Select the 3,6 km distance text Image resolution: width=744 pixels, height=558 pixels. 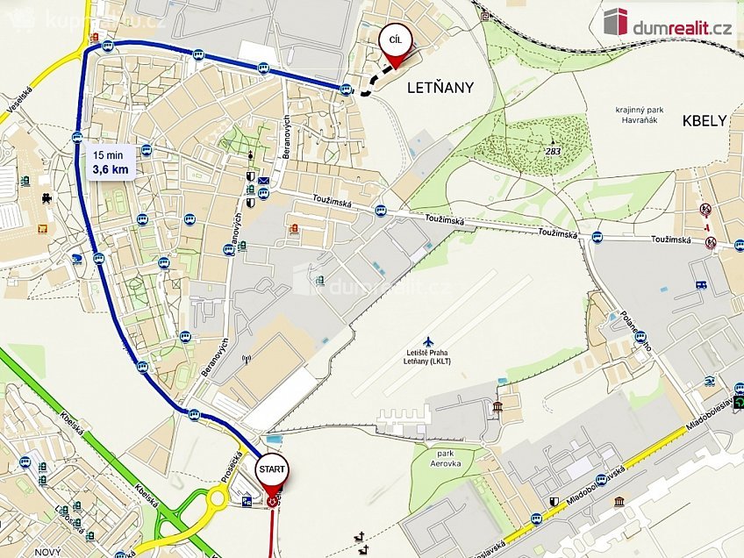111,169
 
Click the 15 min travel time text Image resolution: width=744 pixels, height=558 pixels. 109,154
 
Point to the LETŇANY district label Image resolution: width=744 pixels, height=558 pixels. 440,88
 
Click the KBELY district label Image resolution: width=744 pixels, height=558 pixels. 705,121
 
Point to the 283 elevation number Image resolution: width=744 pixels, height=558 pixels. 553,151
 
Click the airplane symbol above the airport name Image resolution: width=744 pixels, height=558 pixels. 427,340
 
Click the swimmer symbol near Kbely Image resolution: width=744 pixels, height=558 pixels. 710,381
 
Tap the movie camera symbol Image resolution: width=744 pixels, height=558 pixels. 46,198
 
